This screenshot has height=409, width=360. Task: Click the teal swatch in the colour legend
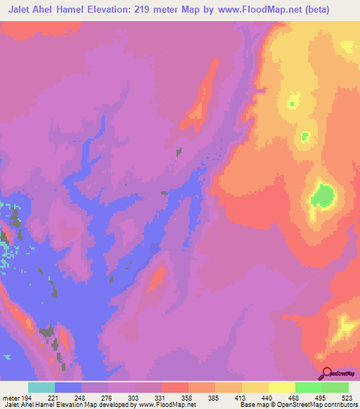click(x=41, y=387)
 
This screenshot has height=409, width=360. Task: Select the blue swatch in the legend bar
click(x=68, y=387)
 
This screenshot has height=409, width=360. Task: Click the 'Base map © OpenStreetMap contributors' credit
click(x=299, y=404)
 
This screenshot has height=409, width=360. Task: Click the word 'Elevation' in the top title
click(x=115, y=8)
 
